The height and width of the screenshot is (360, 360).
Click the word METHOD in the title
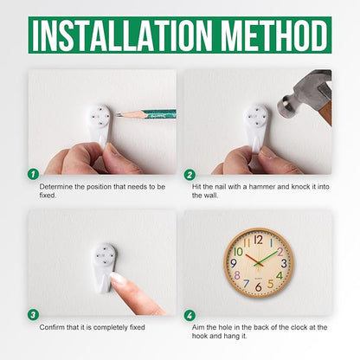(274, 35)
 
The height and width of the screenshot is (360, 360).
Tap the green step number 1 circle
(34, 174)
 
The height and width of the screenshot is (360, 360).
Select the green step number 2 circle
(190, 175)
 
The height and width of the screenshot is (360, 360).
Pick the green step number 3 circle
(33, 315)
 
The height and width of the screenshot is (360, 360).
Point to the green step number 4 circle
(190, 315)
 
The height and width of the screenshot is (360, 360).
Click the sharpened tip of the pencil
(117, 114)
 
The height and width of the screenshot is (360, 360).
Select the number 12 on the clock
(259, 240)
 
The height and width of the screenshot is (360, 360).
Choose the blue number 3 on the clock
(284, 263)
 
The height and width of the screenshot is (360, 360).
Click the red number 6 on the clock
(259, 286)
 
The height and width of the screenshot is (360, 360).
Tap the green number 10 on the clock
(238, 252)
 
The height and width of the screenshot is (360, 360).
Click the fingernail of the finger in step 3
(119, 279)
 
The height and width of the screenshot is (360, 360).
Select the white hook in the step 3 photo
(104, 267)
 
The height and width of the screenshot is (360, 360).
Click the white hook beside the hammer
(257, 127)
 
